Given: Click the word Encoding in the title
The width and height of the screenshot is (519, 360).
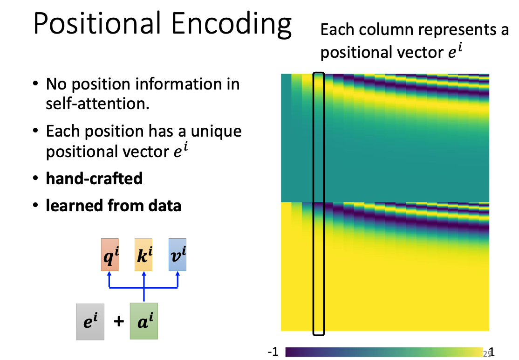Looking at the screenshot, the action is pos(232,25).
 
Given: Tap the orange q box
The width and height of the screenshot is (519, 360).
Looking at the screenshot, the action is pos(110,255).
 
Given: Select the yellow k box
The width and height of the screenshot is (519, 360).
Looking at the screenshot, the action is pos(143,255).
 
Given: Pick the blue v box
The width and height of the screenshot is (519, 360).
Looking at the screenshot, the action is pos(178,255).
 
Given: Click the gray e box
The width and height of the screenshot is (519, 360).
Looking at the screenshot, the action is pos(90,322).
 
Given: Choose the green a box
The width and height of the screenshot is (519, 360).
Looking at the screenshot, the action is pos(144,321).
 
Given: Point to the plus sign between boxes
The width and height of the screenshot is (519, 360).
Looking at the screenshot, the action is pos(119,321).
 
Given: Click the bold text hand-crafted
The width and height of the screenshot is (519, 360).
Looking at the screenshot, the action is pos(94,179).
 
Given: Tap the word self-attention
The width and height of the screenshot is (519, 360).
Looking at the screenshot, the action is pos(98,104).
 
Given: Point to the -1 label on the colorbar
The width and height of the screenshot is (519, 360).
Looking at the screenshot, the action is pos(273,352).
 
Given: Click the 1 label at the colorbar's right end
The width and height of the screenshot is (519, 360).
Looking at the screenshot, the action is pos(492,352).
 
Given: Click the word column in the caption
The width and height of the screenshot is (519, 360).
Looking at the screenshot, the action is pos(389,29).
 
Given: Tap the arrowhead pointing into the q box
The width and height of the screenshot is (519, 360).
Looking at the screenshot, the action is pos(109,274).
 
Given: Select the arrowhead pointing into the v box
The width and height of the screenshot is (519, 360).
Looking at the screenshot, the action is pos(178,274).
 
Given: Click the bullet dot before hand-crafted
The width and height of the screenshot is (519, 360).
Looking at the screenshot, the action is pos(36,178).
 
